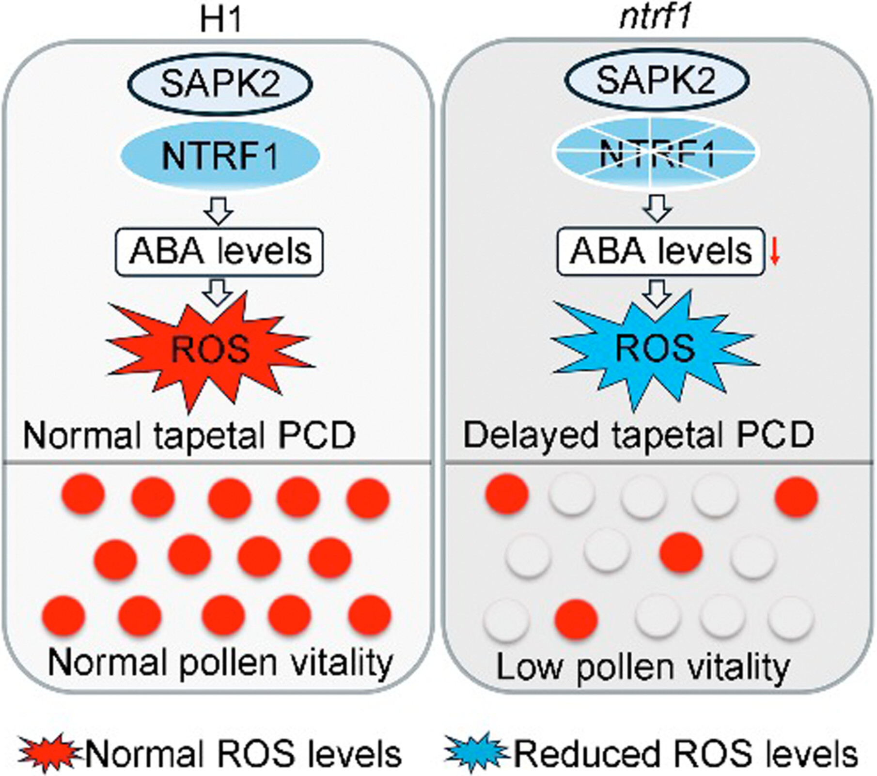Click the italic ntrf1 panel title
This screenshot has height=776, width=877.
pyautogui.click(x=655, y=20)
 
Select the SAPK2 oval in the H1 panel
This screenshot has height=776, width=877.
pyautogui.click(x=220, y=83)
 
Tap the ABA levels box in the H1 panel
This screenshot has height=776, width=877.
pyautogui.click(x=219, y=252)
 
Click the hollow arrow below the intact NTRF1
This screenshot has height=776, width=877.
pyautogui.click(x=219, y=212)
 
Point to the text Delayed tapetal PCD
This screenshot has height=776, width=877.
pyautogui.click(x=638, y=435)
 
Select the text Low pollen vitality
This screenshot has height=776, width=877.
pyautogui.click(x=643, y=668)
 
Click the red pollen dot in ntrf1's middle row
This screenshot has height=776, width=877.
pyautogui.click(x=681, y=552)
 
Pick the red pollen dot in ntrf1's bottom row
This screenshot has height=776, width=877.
pyautogui.click(x=576, y=620)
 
